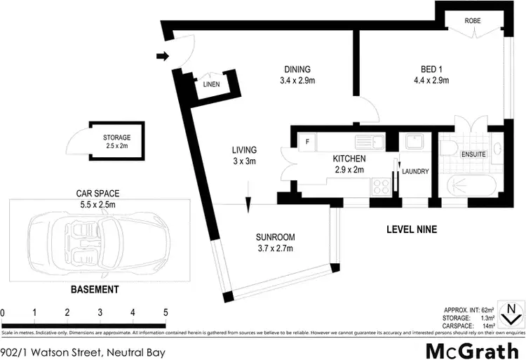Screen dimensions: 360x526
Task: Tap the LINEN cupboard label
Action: click(x=212, y=84)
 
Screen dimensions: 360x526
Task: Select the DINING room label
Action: click(x=297, y=69)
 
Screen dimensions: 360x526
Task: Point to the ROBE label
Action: click(x=471, y=22)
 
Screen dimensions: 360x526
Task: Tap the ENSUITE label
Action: click(x=474, y=153)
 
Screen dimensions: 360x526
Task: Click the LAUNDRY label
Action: click(x=415, y=171)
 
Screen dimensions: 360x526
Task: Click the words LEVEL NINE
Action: click(x=412, y=229)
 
